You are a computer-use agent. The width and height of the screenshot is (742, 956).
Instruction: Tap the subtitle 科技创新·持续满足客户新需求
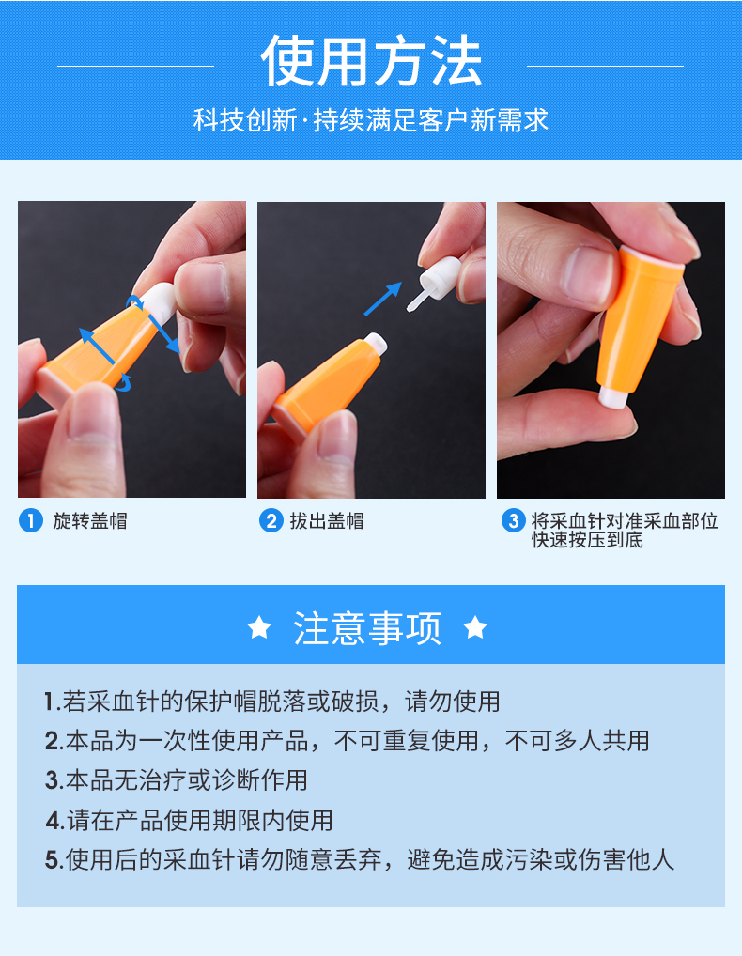tap(371, 121)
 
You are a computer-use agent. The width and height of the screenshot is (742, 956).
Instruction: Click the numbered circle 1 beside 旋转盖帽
tap(31, 520)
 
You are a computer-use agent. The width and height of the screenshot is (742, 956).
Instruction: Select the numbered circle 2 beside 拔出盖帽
tap(271, 520)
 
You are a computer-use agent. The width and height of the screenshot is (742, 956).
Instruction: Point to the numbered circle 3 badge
tap(512, 520)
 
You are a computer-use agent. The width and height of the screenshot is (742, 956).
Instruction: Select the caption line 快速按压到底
tap(587, 541)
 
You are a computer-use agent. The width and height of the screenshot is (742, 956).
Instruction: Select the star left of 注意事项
tap(259, 627)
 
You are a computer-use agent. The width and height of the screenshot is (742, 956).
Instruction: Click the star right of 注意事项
tap(475, 627)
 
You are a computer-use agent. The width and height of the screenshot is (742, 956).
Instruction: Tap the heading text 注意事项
tap(367, 628)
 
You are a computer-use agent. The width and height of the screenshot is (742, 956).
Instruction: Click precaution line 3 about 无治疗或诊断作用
tap(177, 779)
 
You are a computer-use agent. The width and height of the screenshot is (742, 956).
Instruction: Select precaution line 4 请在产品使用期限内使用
tap(189, 820)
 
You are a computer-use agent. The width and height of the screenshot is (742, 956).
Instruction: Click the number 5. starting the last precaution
tap(54, 860)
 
